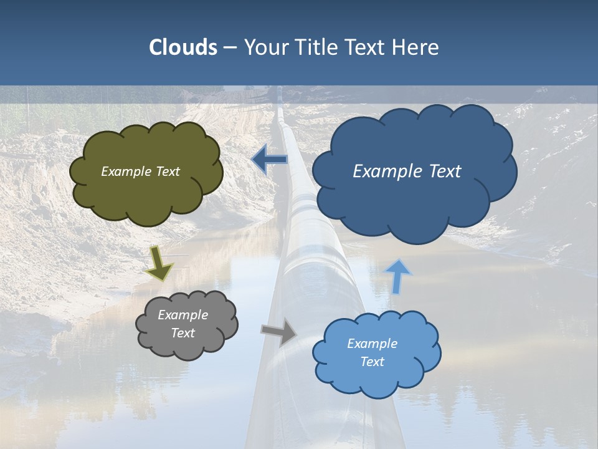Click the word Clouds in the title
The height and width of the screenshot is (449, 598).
point(183,47)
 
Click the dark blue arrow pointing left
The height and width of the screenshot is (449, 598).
point(269,160)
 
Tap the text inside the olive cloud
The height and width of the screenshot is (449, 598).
point(140,171)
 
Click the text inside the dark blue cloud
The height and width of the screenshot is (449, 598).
point(407,171)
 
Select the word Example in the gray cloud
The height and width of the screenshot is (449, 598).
point(183,315)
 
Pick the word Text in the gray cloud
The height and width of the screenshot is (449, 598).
point(183,333)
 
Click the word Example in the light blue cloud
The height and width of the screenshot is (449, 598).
point(372,344)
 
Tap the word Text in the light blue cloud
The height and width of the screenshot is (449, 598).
point(372,362)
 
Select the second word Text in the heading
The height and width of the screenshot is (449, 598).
point(368,47)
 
